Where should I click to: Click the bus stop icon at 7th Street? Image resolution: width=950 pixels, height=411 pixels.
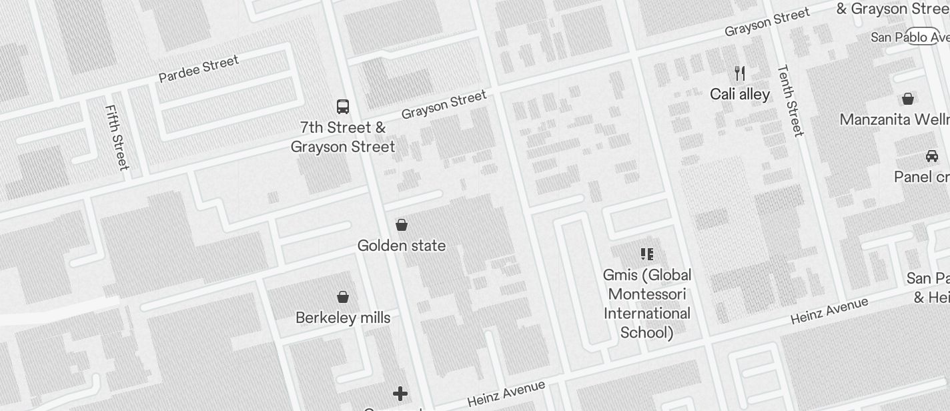[x=342, y=106]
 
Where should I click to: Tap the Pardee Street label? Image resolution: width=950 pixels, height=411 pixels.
[x=198, y=69]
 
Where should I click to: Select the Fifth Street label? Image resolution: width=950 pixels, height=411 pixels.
[x=117, y=137]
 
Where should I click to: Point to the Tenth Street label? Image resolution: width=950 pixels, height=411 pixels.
[x=791, y=100]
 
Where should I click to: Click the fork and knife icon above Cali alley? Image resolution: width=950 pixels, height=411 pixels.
[x=739, y=73]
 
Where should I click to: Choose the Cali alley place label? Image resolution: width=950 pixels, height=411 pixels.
[x=739, y=94]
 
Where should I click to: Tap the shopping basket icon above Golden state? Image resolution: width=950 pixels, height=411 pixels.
[x=402, y=225]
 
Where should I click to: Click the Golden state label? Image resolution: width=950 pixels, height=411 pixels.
[x=402, y=246]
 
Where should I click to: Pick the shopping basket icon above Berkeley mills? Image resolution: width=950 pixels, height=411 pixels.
[x=343, y=297]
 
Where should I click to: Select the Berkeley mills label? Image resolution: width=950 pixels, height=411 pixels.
[x=343, y=318]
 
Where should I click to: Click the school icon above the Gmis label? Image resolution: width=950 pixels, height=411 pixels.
[x=646, y=254]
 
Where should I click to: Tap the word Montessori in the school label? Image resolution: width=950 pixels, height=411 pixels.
[x=646, y=294]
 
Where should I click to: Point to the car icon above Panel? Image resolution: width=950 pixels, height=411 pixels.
[x=932, y=156]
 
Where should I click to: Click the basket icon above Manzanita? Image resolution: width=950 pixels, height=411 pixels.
[x=907, y=99]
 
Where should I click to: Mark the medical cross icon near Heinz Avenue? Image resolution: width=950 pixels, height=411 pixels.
[x=400, y=394]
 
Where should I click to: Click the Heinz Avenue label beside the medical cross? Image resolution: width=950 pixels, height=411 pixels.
[x=506, y=394]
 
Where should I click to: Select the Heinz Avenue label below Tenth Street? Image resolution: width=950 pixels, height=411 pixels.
[x=829, y=311]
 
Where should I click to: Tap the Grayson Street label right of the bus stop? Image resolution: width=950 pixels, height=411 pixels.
[x=444, y=105]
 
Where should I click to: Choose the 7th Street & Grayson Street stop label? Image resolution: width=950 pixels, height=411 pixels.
[x=343, y=137]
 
